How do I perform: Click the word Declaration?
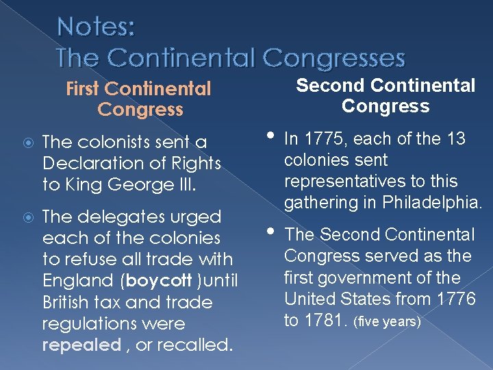point(86,164)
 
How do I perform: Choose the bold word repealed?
point(81,345)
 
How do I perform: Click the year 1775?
point(322,139)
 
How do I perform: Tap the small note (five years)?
point(387,321)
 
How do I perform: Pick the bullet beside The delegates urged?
point(24,217)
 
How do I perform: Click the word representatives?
point(337,182)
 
